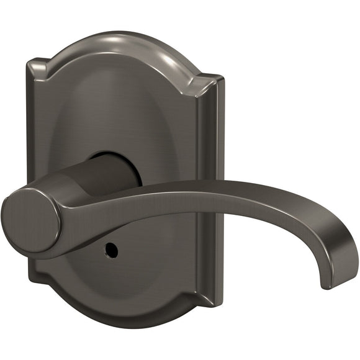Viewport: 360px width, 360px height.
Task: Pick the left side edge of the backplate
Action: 31,155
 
